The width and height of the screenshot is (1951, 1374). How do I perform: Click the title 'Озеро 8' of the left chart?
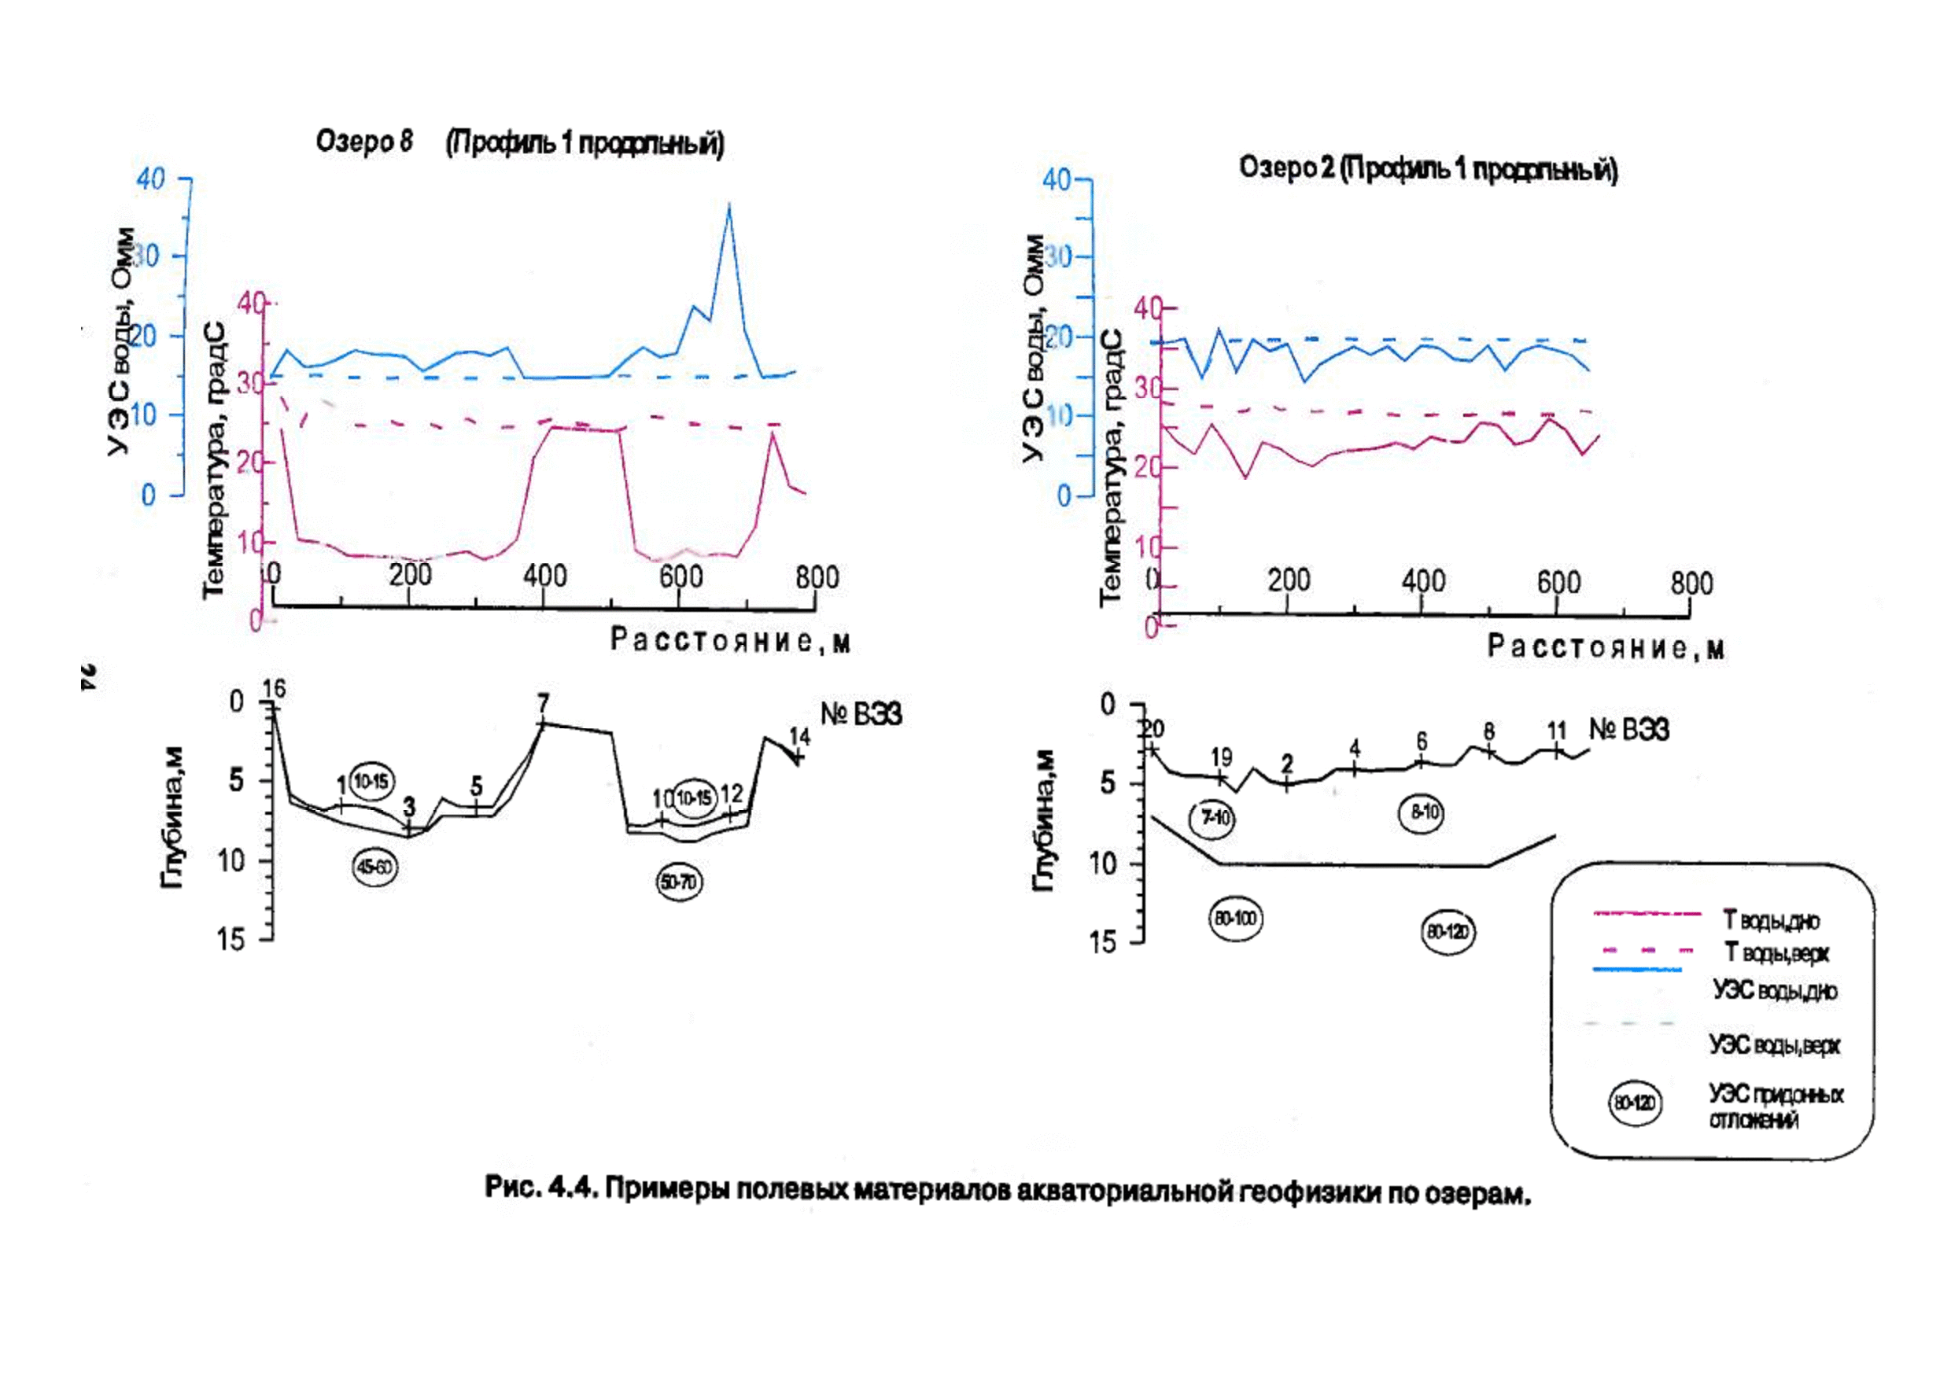363,141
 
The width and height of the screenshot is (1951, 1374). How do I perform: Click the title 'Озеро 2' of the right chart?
1286,168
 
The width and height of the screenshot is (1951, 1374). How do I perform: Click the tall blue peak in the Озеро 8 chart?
728,207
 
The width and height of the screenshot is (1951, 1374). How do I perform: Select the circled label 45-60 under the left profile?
374,867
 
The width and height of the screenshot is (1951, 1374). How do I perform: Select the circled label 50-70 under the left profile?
679,883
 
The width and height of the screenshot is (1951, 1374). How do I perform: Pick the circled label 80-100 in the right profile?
1234,919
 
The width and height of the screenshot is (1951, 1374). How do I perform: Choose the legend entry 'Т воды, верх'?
1775,953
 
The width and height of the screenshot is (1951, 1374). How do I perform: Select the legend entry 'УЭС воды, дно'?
1775,991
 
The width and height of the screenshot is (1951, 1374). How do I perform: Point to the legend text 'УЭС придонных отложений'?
1775,1107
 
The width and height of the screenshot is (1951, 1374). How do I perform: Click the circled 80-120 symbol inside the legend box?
1635,1103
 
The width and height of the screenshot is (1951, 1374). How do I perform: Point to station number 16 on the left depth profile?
274,689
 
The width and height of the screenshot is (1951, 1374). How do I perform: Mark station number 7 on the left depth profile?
543,704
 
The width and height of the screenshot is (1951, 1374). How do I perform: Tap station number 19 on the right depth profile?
1220,757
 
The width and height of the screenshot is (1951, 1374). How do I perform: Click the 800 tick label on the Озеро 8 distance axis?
817,577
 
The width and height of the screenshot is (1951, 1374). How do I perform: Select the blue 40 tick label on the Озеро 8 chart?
150,179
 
